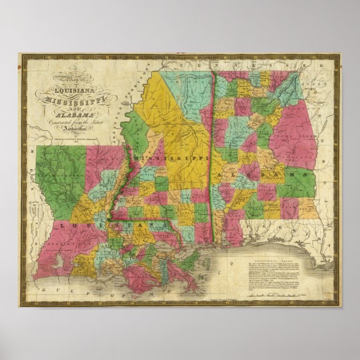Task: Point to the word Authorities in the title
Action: [x=82, y=128]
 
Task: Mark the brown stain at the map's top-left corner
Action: [x=23, y=66]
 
